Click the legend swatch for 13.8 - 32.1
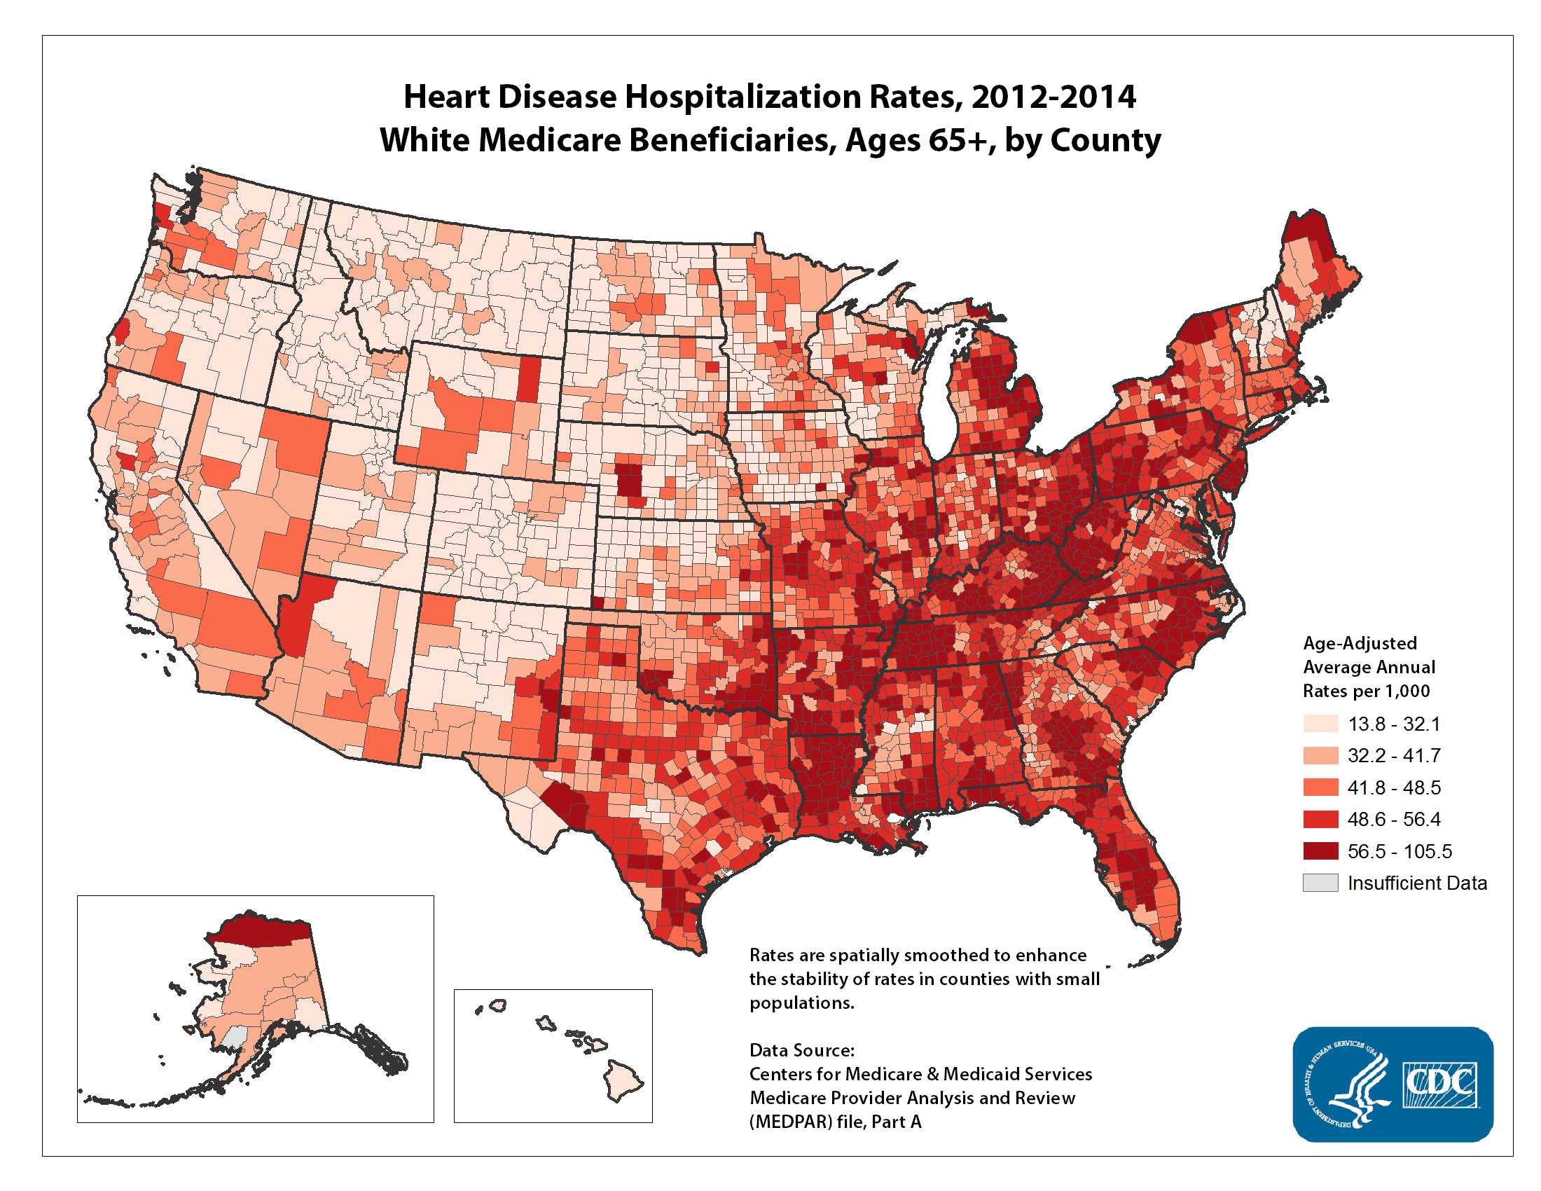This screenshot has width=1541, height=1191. coord(1320,724)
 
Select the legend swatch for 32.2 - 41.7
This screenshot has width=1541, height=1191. coord(1320,756)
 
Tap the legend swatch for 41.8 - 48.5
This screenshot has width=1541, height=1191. coord(1320,787)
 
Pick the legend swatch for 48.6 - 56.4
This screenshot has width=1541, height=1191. coord(1320,819)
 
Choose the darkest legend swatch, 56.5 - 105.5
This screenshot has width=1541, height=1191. coord(1320,851)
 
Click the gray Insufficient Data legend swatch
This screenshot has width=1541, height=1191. coord(1320,883)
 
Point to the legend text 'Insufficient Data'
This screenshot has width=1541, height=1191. coord(1417,883)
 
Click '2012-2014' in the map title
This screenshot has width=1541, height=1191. coord(1053,97)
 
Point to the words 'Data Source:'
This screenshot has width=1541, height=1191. coord(801,1050)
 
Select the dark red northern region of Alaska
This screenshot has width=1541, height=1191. coord(258,932)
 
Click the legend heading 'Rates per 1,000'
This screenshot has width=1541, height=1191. coord(1366,691)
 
